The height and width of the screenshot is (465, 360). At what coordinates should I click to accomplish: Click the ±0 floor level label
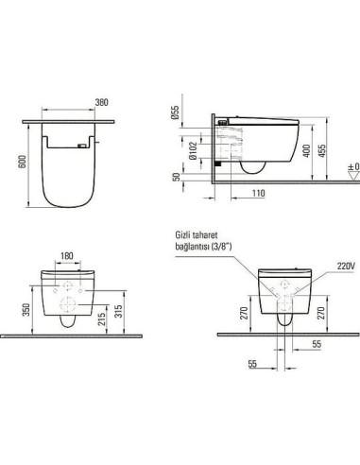[351, 167]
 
